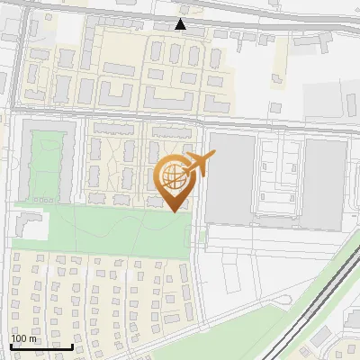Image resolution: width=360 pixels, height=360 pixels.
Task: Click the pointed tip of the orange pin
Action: click(x=174, y=211)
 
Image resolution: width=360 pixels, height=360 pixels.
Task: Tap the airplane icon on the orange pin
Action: click(x=199, y=163)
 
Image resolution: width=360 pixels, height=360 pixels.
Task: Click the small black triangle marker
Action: click(x=181, y=24)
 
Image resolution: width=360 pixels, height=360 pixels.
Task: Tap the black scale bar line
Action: click(x=41, y=346)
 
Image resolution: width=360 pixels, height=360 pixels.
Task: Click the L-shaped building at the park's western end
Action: click(x=27, y=226)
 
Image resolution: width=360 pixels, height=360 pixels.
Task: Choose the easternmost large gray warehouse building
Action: click(x=324, y=184)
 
